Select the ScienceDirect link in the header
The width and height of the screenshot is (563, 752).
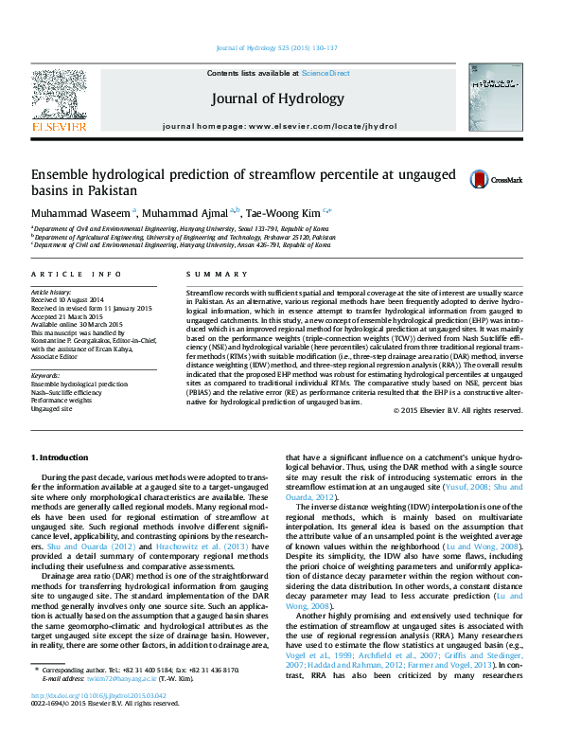pyautogui.click(x=325, y=73)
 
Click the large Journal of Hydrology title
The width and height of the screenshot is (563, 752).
pyautogui.click(x=277, y=98)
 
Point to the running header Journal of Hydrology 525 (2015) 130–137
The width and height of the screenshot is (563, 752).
pyautogui.click(x=277, y=47)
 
